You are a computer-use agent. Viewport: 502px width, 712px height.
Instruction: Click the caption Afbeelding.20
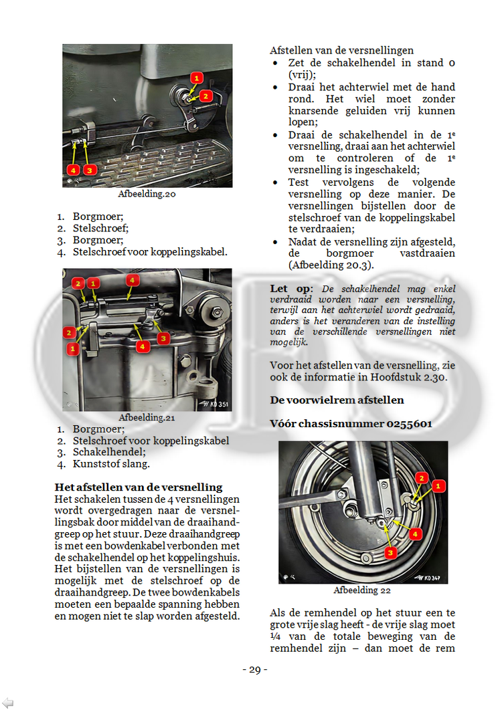147,195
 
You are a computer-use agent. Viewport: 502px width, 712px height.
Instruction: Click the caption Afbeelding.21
147,417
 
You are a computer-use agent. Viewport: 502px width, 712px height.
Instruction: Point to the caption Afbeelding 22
362,590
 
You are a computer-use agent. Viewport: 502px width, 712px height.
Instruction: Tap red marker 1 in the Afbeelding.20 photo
195,78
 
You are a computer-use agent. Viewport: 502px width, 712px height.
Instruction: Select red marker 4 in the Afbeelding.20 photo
73,170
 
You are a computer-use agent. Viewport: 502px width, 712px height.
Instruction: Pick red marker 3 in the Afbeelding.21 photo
163,339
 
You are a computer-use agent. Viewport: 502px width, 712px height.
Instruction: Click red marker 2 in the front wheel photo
422,477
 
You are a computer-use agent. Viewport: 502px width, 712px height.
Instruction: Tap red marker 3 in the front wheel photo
390,552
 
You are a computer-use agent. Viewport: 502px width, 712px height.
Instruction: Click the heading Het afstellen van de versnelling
139,487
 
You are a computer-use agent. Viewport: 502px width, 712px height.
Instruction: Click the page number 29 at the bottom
254,670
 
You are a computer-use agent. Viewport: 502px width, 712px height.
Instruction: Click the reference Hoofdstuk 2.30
411,377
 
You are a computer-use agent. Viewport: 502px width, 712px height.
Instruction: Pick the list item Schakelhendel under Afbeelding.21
106,452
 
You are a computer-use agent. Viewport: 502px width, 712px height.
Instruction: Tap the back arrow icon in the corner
8,702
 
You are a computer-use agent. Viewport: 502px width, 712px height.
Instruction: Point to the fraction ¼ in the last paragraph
276,636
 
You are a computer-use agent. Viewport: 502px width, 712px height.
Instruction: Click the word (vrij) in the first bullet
302,75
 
